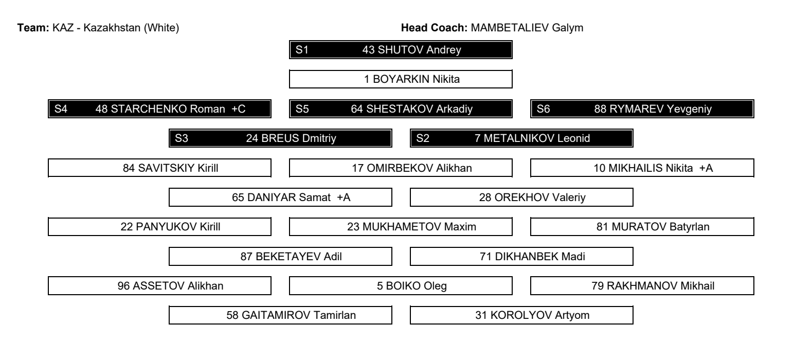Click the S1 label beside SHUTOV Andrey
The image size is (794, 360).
(x=302, y=49)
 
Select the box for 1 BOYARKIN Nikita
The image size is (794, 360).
(x=401, y=79)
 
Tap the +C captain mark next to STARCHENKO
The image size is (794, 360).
(x=238, y=109)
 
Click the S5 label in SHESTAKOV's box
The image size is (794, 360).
(x=302, y=109)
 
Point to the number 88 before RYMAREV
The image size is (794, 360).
(x=600, y=109)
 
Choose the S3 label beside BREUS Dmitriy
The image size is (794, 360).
(x=181, y=138)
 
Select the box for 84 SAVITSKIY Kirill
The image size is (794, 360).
(x=159, y=168)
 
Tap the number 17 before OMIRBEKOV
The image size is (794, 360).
(x=357, y=168)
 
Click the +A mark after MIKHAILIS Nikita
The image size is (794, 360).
(x=706, y=168)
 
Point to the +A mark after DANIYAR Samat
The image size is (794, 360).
(x=344, y=197)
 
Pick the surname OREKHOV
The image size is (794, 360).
(x=521, y=197)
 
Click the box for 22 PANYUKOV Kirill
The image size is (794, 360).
(x=159, y=226)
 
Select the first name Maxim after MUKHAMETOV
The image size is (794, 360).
(x=460, y=227)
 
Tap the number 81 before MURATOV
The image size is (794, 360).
(x=602, y=227)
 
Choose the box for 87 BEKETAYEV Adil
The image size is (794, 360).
(x=280, y=256)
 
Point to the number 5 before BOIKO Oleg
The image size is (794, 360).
(x=380, y=286)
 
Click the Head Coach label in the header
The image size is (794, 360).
(x=434, y=28)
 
